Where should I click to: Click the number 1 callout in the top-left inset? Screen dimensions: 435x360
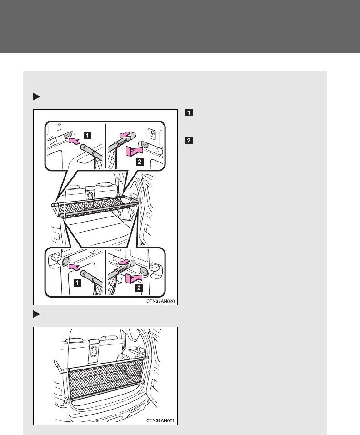(87, 135)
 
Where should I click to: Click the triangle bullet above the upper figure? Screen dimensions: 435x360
(36, 97)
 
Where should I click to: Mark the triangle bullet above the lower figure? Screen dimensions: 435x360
(36, 314)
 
